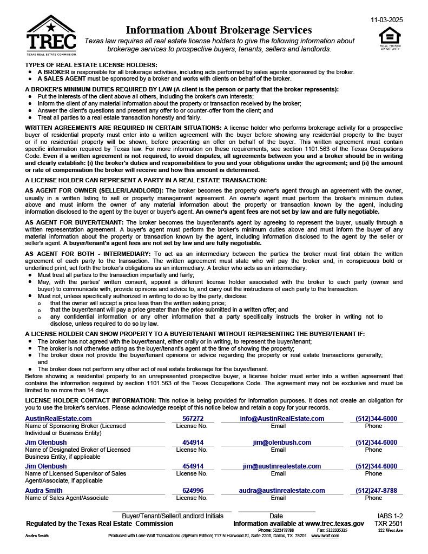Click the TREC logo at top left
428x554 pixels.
click(x=51, y=35)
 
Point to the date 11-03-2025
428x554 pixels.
click(x=386, y=20)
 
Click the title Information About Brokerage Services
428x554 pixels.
click(x=219, y=30)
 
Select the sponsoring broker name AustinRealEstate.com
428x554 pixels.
click(x=58, y=418)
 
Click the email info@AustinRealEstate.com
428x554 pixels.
click(x=282, y=418)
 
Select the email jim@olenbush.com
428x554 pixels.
click(x=282, y=442)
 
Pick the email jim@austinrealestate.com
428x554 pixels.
click(x=282, y=466)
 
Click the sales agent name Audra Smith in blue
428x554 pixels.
click(x=44, y=490)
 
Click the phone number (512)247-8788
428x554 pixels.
click(x=376, y=490)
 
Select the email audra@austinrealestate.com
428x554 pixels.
click(x=282, y=490)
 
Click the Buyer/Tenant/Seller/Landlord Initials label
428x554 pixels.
click(x=172, y=516)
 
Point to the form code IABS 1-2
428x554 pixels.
click(x=390, y=516)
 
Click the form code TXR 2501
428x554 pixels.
click(x=389, y=523)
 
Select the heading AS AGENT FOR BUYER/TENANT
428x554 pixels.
click(x=74, y=222)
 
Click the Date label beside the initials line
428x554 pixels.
click(x=276, y=516)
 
